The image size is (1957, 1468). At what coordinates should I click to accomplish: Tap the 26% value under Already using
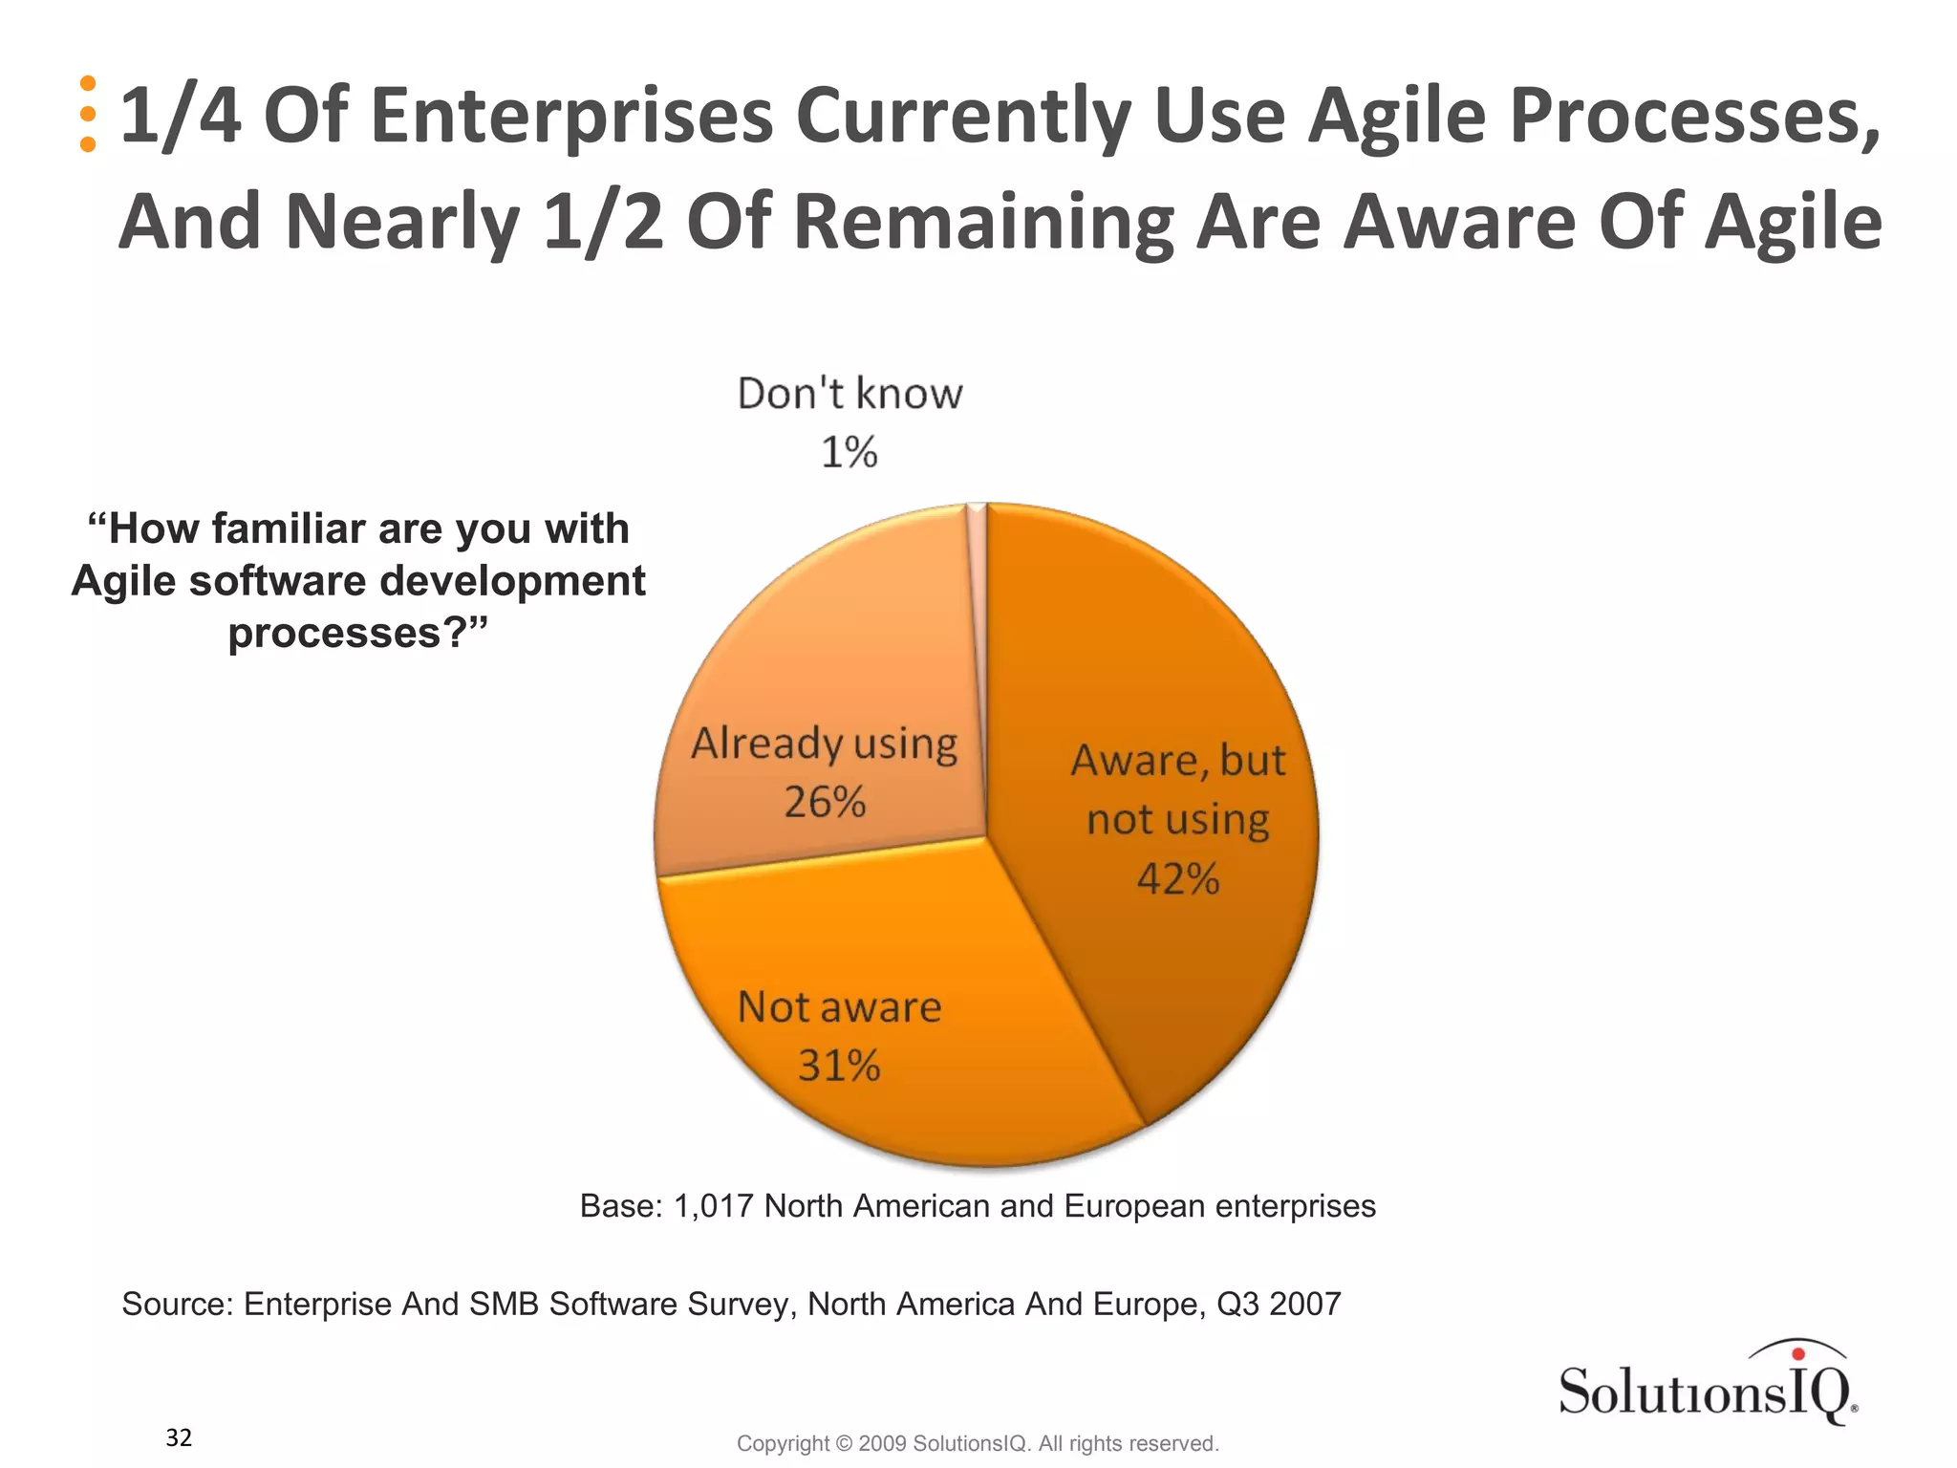[825, 802]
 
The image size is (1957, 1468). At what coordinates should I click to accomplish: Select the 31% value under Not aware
[839, 1066]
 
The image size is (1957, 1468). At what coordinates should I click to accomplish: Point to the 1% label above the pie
[849, 452]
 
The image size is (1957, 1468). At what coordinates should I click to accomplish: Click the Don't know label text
[849, 394]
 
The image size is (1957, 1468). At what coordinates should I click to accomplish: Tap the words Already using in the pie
[824, 744]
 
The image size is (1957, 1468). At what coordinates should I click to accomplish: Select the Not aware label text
[839, 1007]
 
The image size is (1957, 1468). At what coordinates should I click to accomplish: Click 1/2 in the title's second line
[602, 223]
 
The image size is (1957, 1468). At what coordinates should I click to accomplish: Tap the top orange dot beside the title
[88, 83]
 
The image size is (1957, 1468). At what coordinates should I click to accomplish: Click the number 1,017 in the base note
[713, 1206]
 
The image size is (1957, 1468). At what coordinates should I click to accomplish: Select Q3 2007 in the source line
[1279, 1304]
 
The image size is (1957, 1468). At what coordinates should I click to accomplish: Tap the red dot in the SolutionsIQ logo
[1797, 1353]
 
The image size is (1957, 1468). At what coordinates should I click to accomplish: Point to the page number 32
[179, 1437]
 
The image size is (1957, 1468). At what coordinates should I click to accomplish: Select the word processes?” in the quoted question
[357, 633]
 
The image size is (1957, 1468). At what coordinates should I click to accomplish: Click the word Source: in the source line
[178, 1304]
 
